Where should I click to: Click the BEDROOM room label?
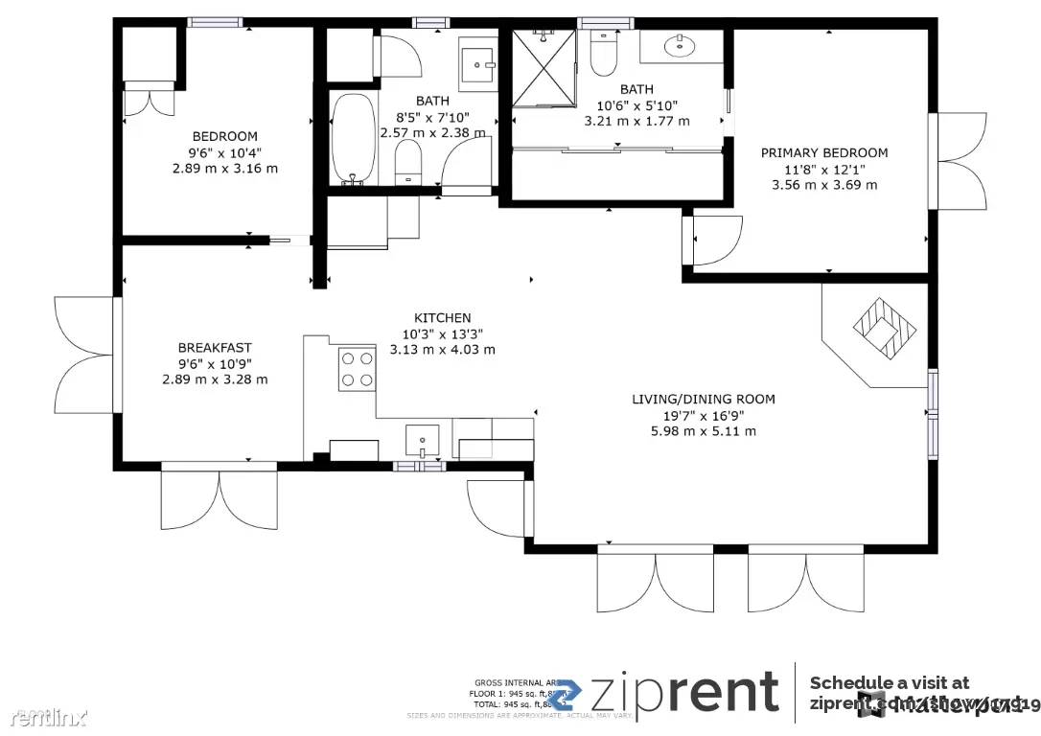pos(224,136)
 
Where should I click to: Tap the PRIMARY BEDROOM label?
pos(823,152)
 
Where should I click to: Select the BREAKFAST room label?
pos(215,347)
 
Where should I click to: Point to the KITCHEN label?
pos(442,318)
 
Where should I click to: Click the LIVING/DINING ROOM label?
pos(703,399)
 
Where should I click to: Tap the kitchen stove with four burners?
pos(356,369)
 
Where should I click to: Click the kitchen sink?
pos(422,441)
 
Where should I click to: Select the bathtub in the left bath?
pos(354,139)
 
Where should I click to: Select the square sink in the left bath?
pos(476,64)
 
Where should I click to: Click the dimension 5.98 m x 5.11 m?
pos(703,431)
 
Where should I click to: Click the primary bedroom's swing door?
pos(714,240)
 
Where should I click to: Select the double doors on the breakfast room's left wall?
pos(84,355)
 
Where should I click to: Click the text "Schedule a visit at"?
pos(889,682)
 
